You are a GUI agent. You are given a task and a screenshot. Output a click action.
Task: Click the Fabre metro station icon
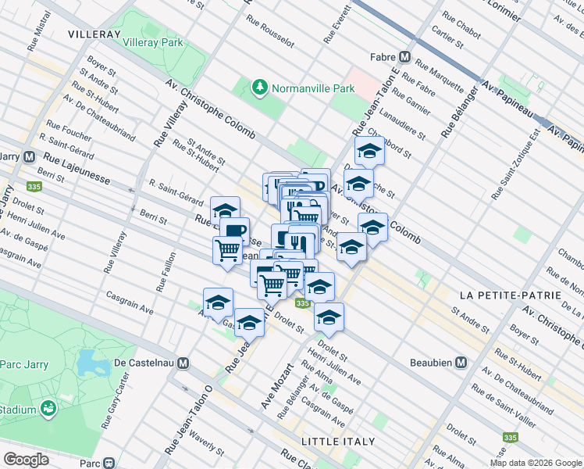tap(405, 56)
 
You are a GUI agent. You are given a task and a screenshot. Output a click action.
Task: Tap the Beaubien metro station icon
tap(461, 363)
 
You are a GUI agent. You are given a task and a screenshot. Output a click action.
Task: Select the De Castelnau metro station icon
tap(183, 363)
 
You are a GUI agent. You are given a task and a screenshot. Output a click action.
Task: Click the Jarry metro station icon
tap(29, 156)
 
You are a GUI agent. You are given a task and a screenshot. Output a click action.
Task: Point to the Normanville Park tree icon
tap(259, 88)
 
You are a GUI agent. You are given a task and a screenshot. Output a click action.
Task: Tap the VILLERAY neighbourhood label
tap(94, 35)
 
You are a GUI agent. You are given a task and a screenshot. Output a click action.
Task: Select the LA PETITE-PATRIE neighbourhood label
tap(510, 295)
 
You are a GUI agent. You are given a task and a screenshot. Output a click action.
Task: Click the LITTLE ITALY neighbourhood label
tap(339, 442)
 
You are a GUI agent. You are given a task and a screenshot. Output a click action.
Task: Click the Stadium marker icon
tap(49, 408)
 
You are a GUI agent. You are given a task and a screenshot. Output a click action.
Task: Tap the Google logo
tap(26, 460)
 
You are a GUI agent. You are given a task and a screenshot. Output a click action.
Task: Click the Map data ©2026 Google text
tap(535, 463)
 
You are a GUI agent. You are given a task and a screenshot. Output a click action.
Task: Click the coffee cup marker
tap(234, 230)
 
